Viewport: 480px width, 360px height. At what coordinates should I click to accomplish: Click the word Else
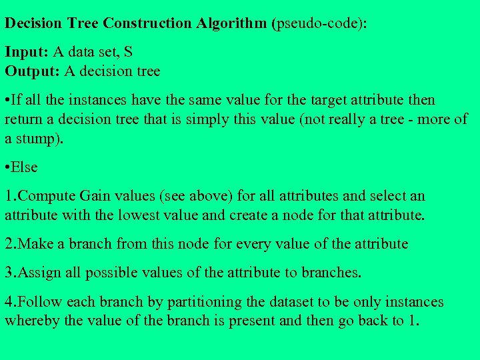(25, 167)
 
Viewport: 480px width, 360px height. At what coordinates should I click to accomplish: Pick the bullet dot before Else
(7, 167)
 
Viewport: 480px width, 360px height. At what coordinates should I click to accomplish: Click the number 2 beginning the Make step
(9, 244)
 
